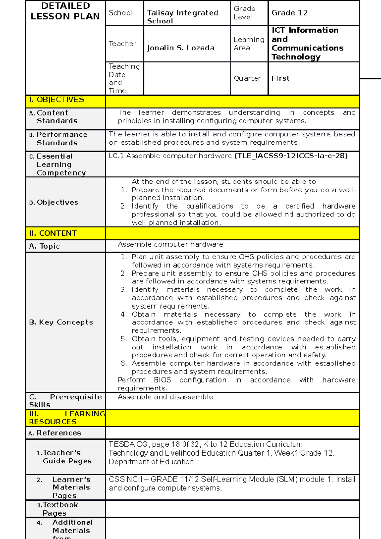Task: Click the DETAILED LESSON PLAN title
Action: (65, 11)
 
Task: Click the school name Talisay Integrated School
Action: (182, 17)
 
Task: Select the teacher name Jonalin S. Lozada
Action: (181, 48)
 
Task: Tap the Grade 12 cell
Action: (290, 13)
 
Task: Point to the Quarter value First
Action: (280, 78)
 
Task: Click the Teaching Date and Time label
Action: (124, 78)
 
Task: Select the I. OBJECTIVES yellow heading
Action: (57, 100)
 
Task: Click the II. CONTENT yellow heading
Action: (53, 233)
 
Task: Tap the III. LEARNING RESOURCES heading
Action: (65, 418)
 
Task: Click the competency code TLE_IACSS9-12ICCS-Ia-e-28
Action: (291, 156)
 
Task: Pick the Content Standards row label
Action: (57, 117)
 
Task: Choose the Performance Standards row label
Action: (62, 139)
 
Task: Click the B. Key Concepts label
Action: (61, 322)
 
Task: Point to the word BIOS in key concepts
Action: (162, 380)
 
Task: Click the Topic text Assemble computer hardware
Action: (170, 244)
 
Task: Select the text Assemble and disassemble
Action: (165, 397)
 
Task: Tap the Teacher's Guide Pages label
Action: (67, 457)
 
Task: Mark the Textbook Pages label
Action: (60, 509)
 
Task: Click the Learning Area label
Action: (249, 44)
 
